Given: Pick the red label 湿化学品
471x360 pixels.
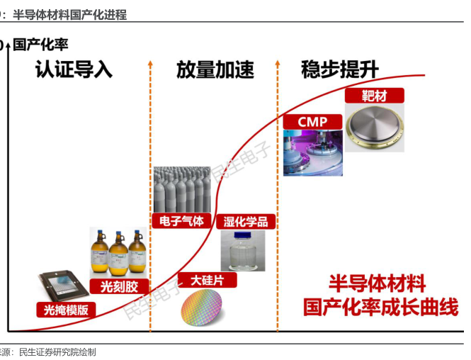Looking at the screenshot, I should (x=245, y=222).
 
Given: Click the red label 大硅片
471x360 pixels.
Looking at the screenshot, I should (x=207, y=280).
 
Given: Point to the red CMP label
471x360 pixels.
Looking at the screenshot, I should (x=312, y=122).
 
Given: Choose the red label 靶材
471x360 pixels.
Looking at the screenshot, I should (x=374, y=96).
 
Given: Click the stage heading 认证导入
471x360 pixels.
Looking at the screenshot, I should (x=74, y=70).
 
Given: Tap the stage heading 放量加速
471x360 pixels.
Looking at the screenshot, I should (x=215, y=70).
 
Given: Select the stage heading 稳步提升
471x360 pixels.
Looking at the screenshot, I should (x=339, y=70).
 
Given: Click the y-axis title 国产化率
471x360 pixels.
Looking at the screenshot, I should (x=41, y=45).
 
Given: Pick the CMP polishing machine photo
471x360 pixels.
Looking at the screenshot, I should (x=312, y=152).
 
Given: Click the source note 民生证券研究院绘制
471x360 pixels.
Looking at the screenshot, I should (x=57, y=351).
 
